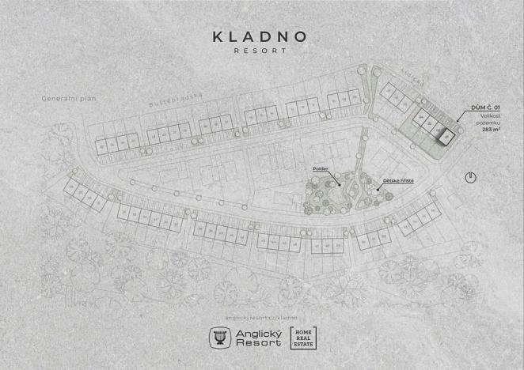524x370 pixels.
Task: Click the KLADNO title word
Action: click(260, 36)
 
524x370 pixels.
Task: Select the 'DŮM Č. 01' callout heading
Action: click(485, 106)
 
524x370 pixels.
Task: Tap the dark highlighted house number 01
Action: click(446, 138)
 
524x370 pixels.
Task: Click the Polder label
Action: click(321, 168)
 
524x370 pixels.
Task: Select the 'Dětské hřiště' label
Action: click(398, 180)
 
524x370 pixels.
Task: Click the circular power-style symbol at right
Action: click(470, 177)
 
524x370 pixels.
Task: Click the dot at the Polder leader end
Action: click(340, 186)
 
